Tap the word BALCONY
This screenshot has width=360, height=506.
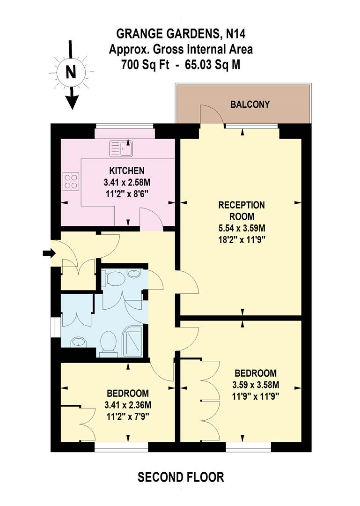pos(250,104)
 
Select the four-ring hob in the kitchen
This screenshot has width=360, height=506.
pos(71,181)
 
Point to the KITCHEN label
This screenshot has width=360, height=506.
pos(126,171)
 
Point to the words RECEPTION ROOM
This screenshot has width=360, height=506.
pos(242,211)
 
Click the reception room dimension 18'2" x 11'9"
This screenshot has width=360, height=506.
pos(242,240)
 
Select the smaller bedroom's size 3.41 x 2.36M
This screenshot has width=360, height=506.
pos(128,405)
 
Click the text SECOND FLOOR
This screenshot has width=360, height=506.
pos(180,477)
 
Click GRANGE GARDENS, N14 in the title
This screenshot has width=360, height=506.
pos(181,33)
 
